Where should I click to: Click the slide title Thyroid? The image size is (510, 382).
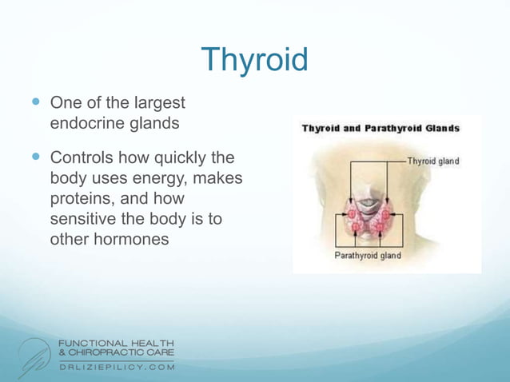254,60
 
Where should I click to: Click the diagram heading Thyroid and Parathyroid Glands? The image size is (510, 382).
380,128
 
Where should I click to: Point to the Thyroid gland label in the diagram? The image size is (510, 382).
433,161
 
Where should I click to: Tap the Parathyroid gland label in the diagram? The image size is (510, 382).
367,256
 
